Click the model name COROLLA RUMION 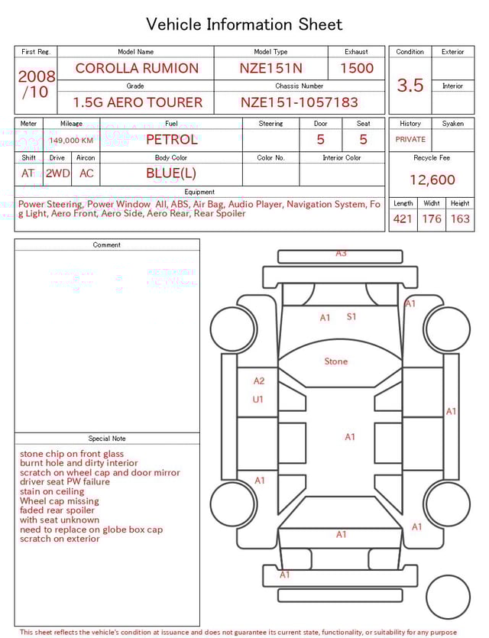tap(137, 68)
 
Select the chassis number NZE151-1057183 tap(300, 102)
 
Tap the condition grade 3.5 tap(410, 86)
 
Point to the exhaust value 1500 tap(357, 68)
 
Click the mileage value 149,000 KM tap(71, 141)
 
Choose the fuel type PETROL tap(171, 139)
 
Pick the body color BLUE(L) tap(171, 173)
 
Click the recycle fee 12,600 tap(432, 180)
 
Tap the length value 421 tap(403, 219)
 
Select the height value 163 tap(460, 219)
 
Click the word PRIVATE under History tap(410, 140)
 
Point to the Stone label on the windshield tap(335, 361)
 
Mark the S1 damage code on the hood tap(351, 316)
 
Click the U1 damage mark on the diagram tap(258, 399)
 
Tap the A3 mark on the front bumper tap(341, 253)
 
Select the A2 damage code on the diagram tap(259, 381)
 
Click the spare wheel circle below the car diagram tap(448, 598)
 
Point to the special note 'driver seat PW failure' tap(65, 482)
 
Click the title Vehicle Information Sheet tap(244, 24)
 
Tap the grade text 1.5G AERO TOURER tap(138, 102)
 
